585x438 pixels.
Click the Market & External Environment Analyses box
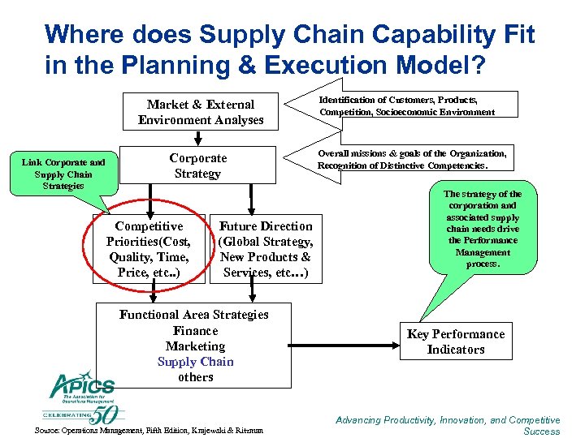[201, 112]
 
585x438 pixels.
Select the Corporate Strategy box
[197, 165]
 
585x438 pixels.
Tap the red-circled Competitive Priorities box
[149, 249]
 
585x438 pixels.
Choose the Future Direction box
[265, 249]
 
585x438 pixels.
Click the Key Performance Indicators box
[456, 341]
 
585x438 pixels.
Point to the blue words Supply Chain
[195, 362]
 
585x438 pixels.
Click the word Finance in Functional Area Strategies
[195, 330]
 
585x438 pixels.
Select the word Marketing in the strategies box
[195, 346]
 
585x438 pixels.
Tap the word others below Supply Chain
[195, 377]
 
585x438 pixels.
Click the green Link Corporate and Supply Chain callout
[63, 174]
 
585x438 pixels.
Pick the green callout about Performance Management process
[483, 229]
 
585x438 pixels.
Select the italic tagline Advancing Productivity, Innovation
[448, 425]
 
